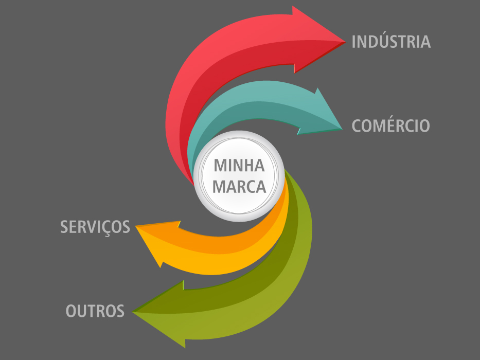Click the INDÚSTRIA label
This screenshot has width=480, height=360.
click(x=391, y=41)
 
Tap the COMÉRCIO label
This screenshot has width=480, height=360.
click(x=390, y=125)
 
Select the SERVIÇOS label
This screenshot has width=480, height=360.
click(x=95, y=227)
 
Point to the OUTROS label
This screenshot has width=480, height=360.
click(x=95, y=311)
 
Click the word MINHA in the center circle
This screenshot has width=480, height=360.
click(x=239, y=165)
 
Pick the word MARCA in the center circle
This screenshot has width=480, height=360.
click(x=239, y=186)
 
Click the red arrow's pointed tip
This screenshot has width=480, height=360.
click(x=345, y=42)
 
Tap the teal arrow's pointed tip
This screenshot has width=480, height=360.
click(x=342, y=129)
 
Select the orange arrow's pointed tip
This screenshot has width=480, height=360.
click(x=136, y=226)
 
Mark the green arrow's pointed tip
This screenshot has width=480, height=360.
click(x=133, y=312)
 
